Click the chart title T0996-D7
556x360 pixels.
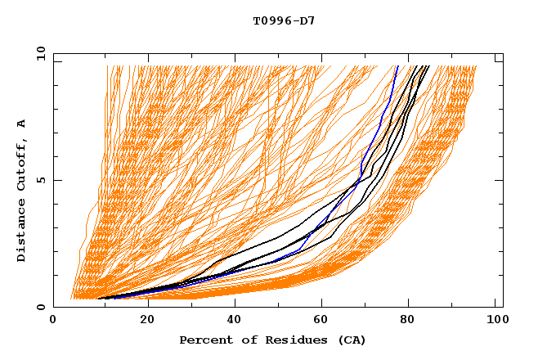coord(284,20)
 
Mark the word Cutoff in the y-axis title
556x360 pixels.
coord(22,161)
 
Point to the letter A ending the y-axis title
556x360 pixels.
coord(22,123)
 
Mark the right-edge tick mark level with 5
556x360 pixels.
coord(498,180)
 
